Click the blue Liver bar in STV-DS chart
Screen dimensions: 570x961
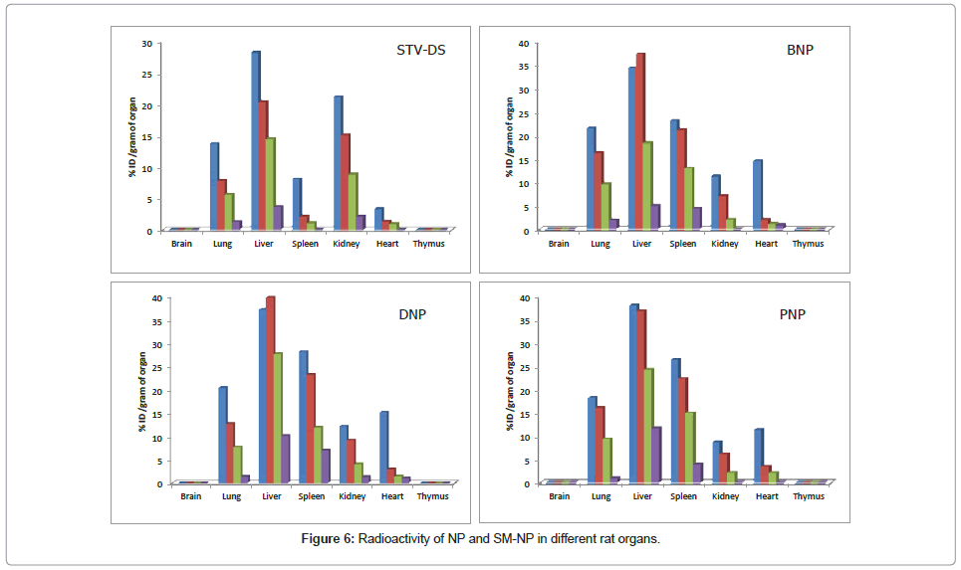[255, 140]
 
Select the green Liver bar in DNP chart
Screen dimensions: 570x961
[277, 418]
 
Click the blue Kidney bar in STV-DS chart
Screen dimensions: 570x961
[338, 163]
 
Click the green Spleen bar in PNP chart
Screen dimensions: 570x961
[689, 448]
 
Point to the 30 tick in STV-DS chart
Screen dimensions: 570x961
[146, 44]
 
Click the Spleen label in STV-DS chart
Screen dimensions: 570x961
[306, 244]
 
